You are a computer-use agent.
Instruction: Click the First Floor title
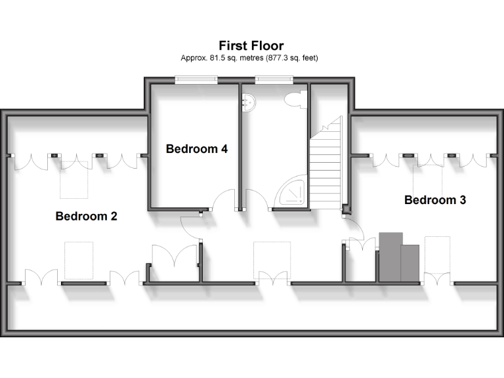tap(251, 46)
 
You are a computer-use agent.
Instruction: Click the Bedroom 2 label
tap(86, 216)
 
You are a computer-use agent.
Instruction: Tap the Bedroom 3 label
tap(435, 200)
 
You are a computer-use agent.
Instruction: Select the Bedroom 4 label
tap(197, 149)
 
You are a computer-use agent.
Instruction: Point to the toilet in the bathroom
tap(295, 100)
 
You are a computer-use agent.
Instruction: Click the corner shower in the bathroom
tap(291, 195)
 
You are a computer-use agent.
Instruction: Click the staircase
tap(326, 164)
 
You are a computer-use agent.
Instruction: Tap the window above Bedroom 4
tap(196, 80)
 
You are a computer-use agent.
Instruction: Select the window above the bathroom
tap(274, 80)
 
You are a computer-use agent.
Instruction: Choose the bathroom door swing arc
tap(257, 199)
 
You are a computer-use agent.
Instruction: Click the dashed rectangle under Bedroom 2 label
tap(79, 261)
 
